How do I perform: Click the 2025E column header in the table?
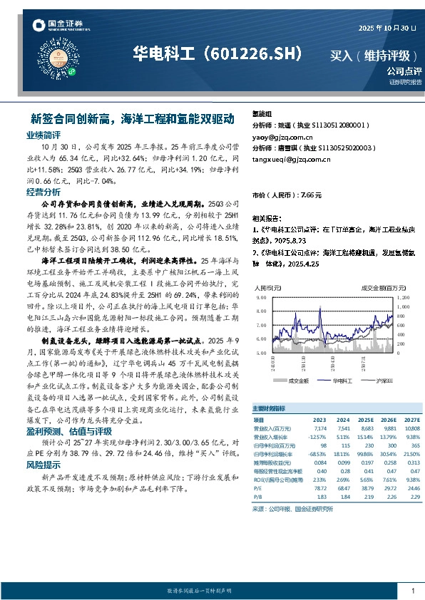tap(367, 420)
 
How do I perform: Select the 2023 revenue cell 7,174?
tap(319, 428)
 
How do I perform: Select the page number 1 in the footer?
tap(413, 591)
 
